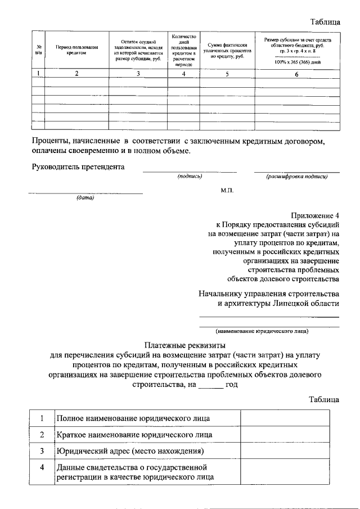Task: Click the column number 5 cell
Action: click(x=227, y=74)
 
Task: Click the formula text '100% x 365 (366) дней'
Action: click(x=298, y=62)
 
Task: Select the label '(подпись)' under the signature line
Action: click(x=190, y=177)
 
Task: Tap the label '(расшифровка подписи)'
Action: click(x=296, y=177)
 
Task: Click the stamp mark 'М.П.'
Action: click(x=227, y=190)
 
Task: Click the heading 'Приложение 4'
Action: click(x=315, y=215)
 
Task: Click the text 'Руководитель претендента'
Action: click(x=78, y=166)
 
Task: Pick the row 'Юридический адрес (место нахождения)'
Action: click(x=129, y=451)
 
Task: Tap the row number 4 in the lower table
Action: click(x=42, y=467)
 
